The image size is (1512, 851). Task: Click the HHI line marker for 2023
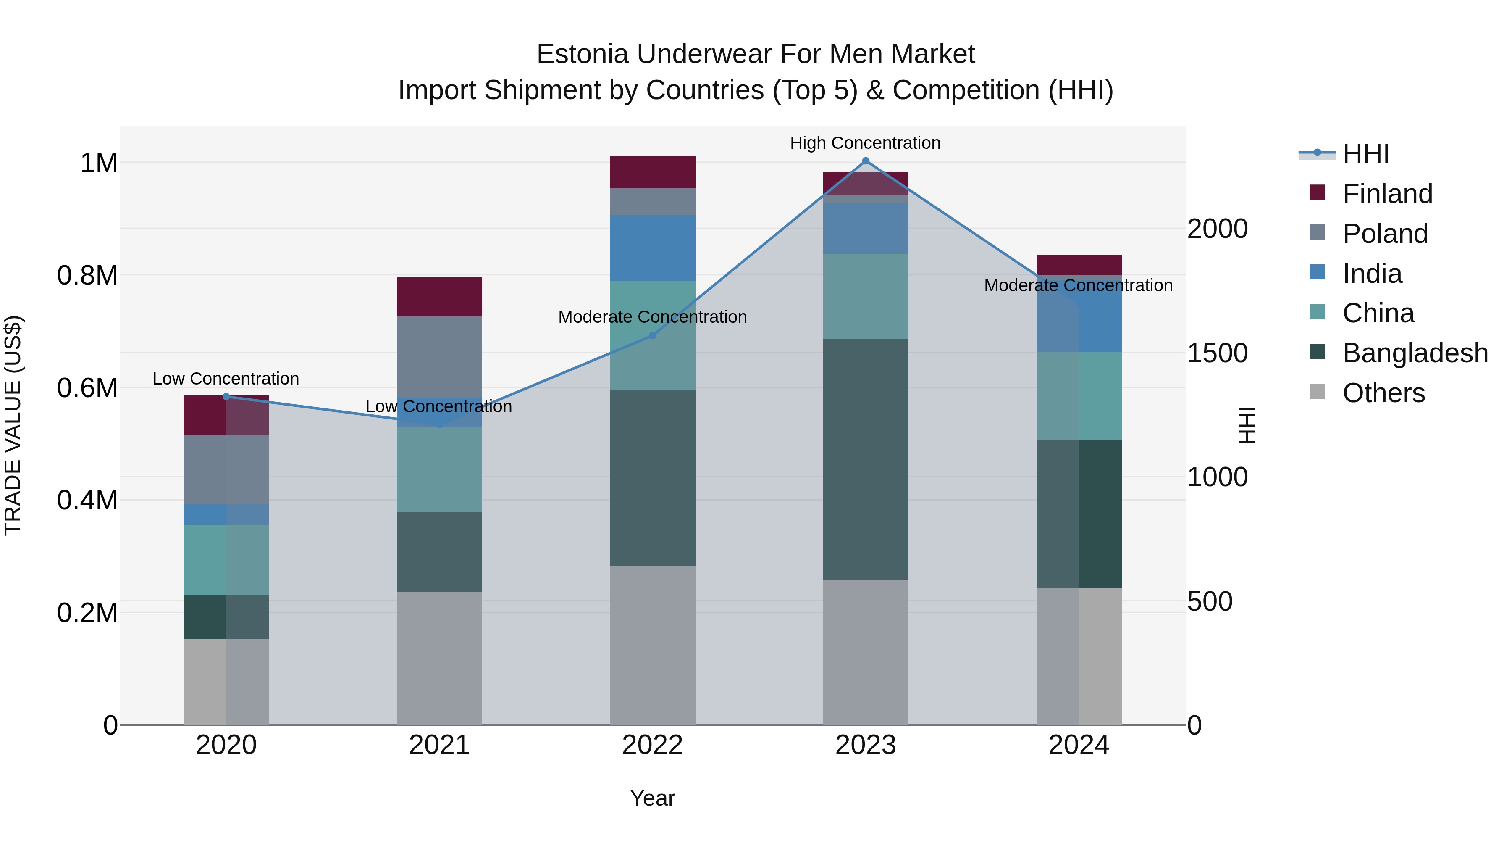[x=865, y=161]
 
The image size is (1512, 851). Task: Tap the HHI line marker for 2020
[x=226, y=396]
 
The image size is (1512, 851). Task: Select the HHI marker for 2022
[x=652, y=335]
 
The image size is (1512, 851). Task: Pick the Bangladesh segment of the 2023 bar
[x=865, y=458]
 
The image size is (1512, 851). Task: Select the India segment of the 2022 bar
[x=652, y=248]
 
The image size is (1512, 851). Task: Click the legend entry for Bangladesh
[x=1415, y=353]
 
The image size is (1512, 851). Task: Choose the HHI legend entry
[x=1365, y=154]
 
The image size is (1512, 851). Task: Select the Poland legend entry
[x=1385, y=234]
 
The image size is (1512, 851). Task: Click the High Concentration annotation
[x=865, y=143]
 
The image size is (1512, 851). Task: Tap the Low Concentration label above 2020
[x=226, y=379]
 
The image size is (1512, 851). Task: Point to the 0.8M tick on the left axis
[x=87, y=275]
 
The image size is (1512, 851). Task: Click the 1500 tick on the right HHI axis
[x=1217, y=353]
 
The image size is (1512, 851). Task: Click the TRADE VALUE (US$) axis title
[x=13, y=425]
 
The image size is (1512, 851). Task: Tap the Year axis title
[x=652, y=798]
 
